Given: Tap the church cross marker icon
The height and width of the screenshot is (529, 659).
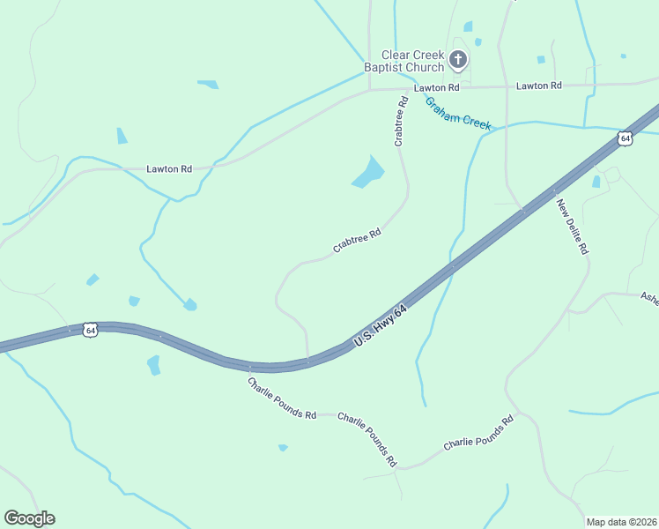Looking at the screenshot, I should (458, 60).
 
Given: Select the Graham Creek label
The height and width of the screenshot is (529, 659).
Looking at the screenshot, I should (457, 114).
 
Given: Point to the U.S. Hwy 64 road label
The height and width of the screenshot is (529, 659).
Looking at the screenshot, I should (381, 326).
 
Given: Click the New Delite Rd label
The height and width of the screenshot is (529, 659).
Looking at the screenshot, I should (572, 227).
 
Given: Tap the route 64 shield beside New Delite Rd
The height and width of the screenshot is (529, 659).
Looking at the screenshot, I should (625, 138).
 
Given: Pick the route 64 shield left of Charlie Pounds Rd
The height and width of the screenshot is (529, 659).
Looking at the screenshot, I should (90, 330).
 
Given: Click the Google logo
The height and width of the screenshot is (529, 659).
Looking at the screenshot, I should (29, 518).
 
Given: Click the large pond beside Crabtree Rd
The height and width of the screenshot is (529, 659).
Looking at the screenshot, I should (369, 172).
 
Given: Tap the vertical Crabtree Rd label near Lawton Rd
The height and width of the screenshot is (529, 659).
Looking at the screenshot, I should (401, 121).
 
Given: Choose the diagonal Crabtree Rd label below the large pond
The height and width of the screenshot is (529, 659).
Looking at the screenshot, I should (357, 241).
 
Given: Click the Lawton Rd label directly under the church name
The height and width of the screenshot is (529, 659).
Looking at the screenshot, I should (437, 87).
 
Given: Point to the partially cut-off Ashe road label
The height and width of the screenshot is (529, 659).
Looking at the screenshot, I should (649, 297).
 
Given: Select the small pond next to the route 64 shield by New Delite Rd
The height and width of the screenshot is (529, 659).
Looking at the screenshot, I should (596, 182).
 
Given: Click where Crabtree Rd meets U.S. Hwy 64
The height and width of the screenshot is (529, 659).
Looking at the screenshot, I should (307, 360).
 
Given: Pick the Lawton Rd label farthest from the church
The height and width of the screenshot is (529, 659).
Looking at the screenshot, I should (169, 168).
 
